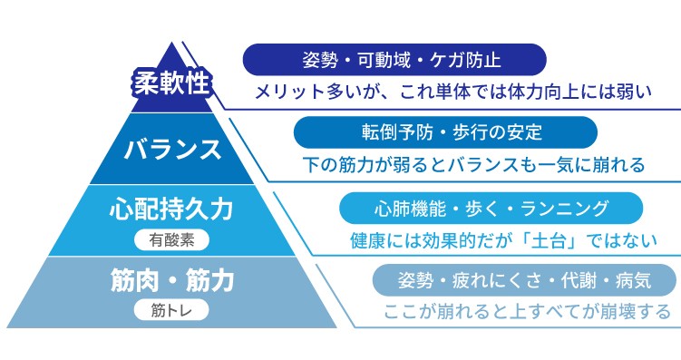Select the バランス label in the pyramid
[x=171, y=147]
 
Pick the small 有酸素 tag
[x=171, y=240]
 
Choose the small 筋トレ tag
[x=171, y=310]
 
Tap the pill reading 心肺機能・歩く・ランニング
[x=491, y=209]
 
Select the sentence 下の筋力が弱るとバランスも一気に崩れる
[x=472, y=165]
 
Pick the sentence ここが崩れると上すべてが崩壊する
[x=527, y=312]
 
